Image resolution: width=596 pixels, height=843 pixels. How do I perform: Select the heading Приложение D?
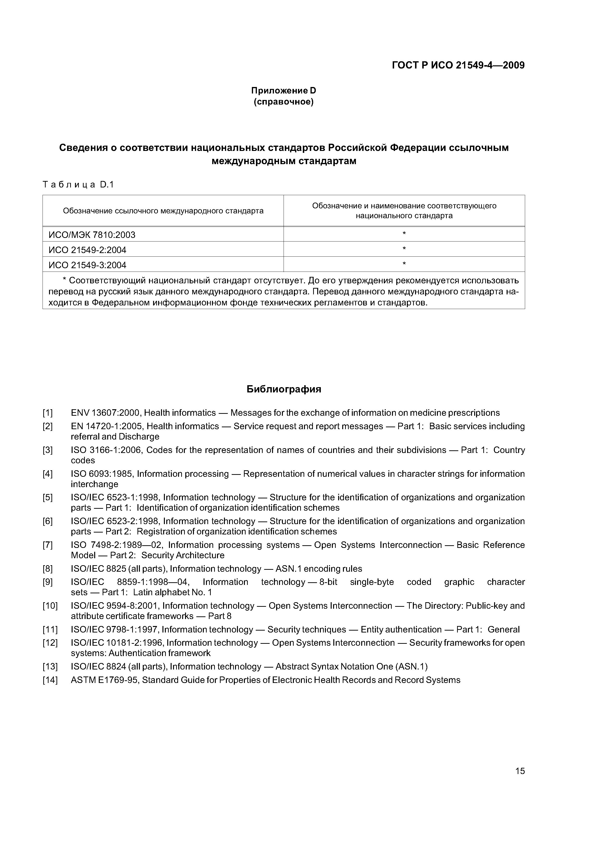click(x=284, y=91)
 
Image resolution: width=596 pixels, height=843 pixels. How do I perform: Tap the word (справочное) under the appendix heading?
click(x=284, y=102)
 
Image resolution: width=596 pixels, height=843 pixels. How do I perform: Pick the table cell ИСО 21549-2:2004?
click(x=87, y=250)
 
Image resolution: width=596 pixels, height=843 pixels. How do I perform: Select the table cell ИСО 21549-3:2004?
click(x=87, y=265)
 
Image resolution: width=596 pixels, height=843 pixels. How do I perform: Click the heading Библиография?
click(x=284, y=389)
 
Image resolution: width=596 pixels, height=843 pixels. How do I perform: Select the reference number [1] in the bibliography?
click(x=48, y=413)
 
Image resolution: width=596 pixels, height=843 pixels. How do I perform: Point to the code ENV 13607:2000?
click(x=105, y=413)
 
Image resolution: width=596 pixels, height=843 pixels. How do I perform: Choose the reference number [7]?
click(x=48, y=545)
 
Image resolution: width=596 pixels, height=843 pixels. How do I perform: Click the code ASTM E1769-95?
click(x=105, y=680)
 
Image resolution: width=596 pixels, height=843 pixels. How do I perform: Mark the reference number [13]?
click(x=50, y=667)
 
